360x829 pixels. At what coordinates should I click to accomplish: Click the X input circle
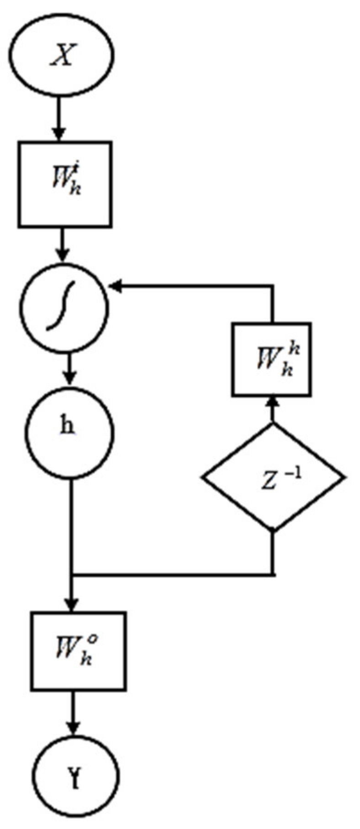pos(62,56)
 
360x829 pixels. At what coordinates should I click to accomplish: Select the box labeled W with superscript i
pos(65,184)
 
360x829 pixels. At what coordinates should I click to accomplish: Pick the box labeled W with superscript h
pos(271,359)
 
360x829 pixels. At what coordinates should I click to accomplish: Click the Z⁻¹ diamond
pos(273,477)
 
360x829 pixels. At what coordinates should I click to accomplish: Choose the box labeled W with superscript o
pos(78,650)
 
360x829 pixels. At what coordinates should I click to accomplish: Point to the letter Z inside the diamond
pos(268,482)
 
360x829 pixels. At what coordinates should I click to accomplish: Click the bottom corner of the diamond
pos(273,531)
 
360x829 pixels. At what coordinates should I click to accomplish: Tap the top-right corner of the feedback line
pos(273,287)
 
